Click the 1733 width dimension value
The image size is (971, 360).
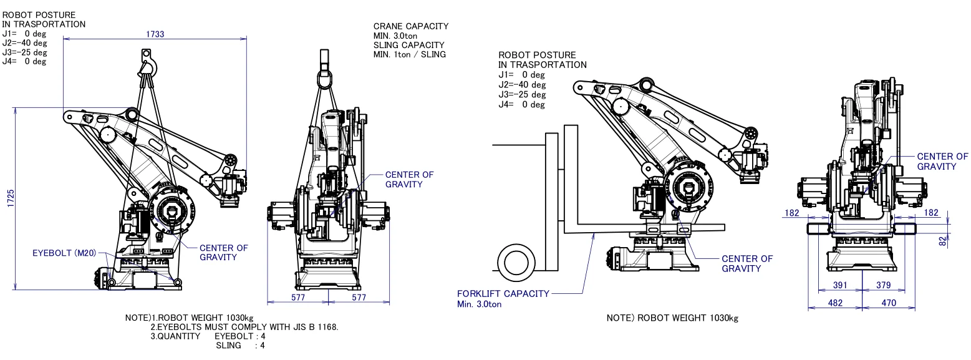[155, 34]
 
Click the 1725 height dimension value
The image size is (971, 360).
[11, 198]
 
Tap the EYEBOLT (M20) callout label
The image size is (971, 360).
[64, 253]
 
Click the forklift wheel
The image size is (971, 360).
[516, 263]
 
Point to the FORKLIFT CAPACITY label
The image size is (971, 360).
[503, 294]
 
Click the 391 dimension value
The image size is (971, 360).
[840, 285]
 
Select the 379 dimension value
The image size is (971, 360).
[884, 285]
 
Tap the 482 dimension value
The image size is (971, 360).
[835, 303]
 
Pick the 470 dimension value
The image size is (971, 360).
[889, 303]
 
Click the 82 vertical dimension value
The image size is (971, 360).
[943, 241]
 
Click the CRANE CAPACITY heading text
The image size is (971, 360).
[411, 26]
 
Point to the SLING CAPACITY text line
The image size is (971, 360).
[408, 45]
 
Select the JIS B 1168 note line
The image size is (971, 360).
[244, 327]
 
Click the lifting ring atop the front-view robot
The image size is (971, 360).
[325, 79]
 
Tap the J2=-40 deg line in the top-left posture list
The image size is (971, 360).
[25, 43]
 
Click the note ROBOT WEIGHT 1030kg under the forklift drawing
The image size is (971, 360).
[672, 318]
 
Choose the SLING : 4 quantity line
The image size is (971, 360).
[241, 346]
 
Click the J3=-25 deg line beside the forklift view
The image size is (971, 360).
[521, 95]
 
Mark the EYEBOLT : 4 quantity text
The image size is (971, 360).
[240, 336]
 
